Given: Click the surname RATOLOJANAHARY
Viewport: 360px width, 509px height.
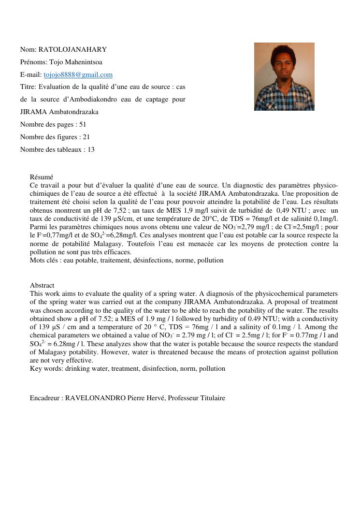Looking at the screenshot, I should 72,49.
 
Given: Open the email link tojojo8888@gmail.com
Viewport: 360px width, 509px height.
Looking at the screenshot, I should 78,74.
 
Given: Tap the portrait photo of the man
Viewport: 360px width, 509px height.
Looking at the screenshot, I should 284,76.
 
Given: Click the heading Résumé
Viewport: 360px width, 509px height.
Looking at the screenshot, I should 41,177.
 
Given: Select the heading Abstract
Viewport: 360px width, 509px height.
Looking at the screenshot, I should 42,285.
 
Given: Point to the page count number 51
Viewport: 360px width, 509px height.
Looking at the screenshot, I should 83,124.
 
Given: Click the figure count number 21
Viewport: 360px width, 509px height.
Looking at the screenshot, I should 86,137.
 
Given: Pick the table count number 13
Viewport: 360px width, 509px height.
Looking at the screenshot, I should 91,149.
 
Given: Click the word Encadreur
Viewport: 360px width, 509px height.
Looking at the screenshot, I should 45,398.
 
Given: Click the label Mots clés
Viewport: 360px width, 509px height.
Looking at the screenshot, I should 44,260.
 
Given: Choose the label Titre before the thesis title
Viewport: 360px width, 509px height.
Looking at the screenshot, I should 28,87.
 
